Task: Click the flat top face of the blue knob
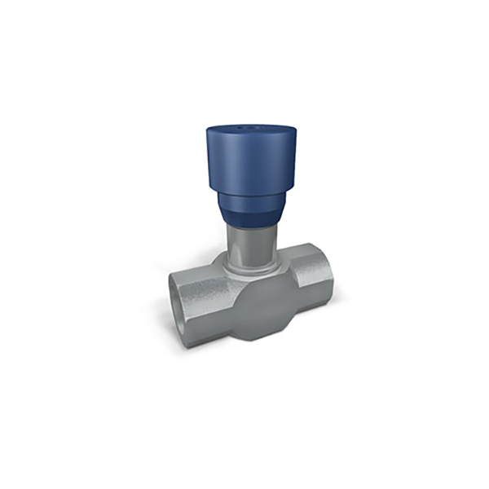249,133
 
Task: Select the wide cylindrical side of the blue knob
249,163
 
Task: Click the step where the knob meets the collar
250,188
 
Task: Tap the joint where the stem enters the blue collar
250,226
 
